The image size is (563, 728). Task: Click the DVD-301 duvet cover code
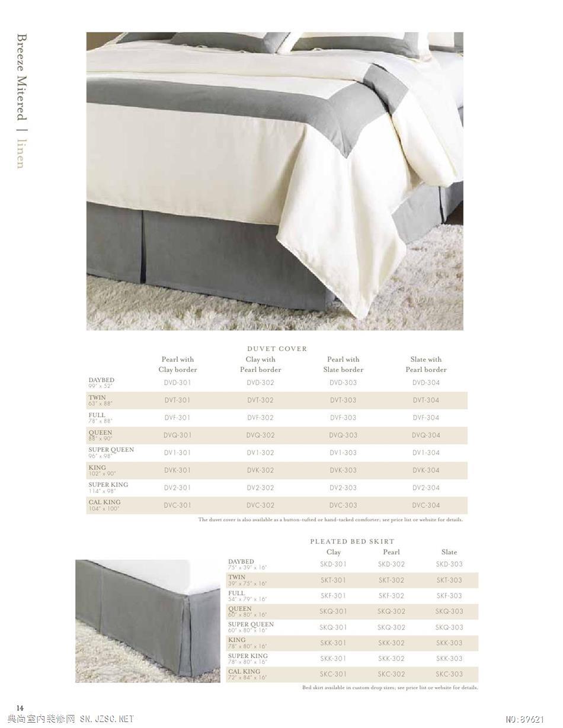[x=177, y=383]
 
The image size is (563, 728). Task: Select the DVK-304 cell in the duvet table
[x=426, y=470]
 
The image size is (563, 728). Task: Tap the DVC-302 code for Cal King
[x=260, y=505]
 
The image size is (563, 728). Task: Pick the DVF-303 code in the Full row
[x=343, y=418]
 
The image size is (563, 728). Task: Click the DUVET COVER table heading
[x=277, y=349]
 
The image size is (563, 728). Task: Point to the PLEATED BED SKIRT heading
[x=352, y=541]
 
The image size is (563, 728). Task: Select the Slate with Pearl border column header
[x=426, y=364]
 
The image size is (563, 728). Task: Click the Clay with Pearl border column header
[x=260, y=364]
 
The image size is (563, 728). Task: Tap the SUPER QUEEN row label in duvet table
[x=111, y=450]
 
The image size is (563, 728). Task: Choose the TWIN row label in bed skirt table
[x=236, y=577]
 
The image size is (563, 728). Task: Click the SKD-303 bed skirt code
[x=449, y=565]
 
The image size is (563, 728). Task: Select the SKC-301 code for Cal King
[x=333, y=674]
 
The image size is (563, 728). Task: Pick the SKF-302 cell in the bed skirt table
[x=391, y=596]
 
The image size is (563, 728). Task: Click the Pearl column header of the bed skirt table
[x=391, y=552]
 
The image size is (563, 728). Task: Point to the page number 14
[x=20, y=708]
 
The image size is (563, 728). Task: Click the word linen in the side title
[x=21, y=153]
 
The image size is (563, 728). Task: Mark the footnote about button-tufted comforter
[x=330, y=519]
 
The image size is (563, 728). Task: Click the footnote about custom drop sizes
[x=389, y=688]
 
